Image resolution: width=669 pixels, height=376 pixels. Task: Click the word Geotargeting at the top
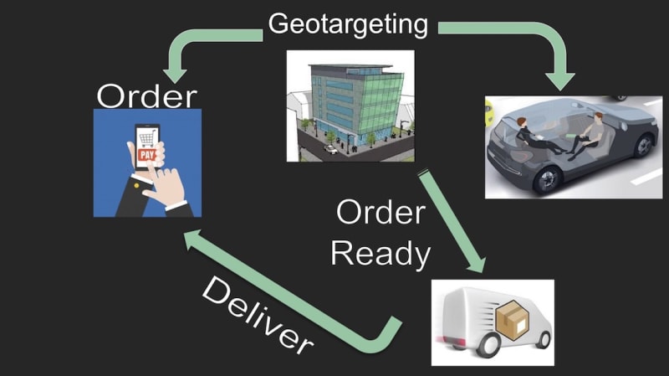click(x=347, y=23)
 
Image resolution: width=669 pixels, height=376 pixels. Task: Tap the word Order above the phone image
click(x=146, y=95)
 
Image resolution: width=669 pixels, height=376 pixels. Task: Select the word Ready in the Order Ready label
click(x=380, y=251)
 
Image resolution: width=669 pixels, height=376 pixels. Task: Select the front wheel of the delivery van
click(x=540, y=339)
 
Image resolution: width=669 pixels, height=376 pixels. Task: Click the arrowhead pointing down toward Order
click(x=177, y=72)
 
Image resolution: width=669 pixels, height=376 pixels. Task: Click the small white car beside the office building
click(x=332, y=149)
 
